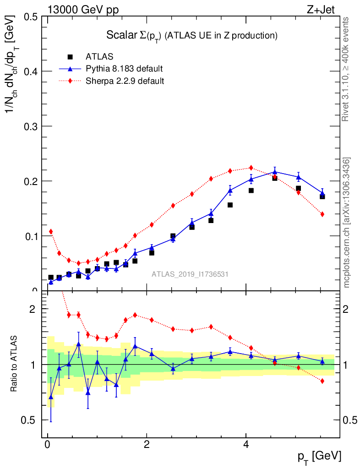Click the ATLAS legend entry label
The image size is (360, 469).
click(99, 57)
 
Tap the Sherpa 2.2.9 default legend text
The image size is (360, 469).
click(125, 81)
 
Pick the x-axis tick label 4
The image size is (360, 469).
click(246, 445)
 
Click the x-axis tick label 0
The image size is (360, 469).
click(48, 445)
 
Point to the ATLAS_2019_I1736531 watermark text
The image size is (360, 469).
click(190, 274)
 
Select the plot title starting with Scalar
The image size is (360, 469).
click(192, 35)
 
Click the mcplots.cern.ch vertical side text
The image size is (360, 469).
click(347, 223)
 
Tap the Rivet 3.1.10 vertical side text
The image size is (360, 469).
click(347, 69)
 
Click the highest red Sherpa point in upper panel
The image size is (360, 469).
click(251, 168)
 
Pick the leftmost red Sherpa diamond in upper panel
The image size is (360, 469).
click(51, 232)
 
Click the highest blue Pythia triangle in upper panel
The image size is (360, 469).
click(275, 172)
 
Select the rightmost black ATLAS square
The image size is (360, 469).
click(322, 196)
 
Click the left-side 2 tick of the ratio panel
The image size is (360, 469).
click(33, 309)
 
